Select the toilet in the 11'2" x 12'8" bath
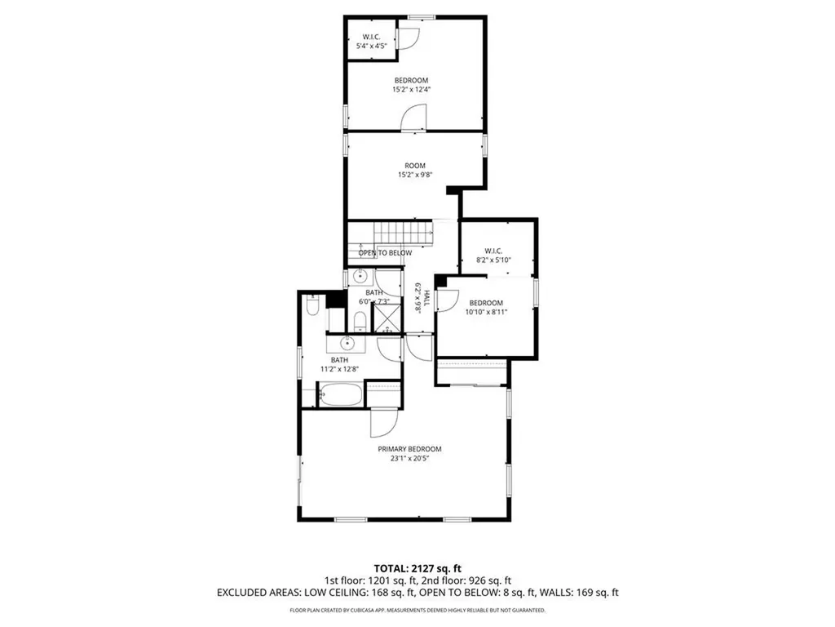(312, 307)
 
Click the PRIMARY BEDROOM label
(409, 449)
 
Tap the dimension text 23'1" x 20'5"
(409, 459)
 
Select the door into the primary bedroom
(382, 422)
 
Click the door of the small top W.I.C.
(409, 38)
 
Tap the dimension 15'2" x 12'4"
(411, 90)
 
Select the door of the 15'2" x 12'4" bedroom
(413, 118)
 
